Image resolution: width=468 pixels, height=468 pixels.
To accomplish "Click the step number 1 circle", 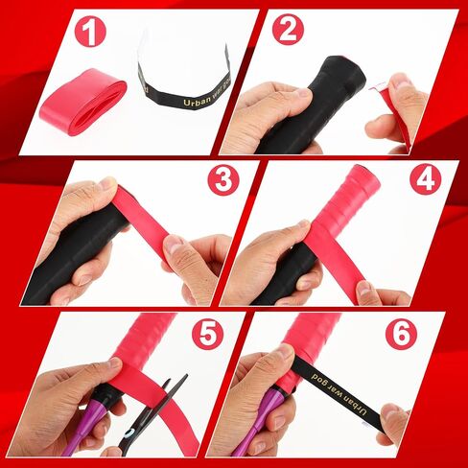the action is [90, 31].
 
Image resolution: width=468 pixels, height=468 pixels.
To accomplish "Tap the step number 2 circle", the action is [288, 30].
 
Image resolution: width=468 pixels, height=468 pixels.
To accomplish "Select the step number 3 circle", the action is [223, 179].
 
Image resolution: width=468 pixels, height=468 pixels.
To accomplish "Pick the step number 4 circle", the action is [425, 179].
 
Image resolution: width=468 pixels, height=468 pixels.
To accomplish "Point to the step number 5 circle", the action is [207, 334].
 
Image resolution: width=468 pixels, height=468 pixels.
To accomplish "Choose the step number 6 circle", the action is [402, 334].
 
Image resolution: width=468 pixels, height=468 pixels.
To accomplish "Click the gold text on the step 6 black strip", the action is [339, 392].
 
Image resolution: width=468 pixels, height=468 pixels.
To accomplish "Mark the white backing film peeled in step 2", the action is [377, 85].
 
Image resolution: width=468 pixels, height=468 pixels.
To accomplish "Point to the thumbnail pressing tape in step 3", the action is [174, 246].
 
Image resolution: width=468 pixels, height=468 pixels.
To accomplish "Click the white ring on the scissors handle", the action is [129, 434].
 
